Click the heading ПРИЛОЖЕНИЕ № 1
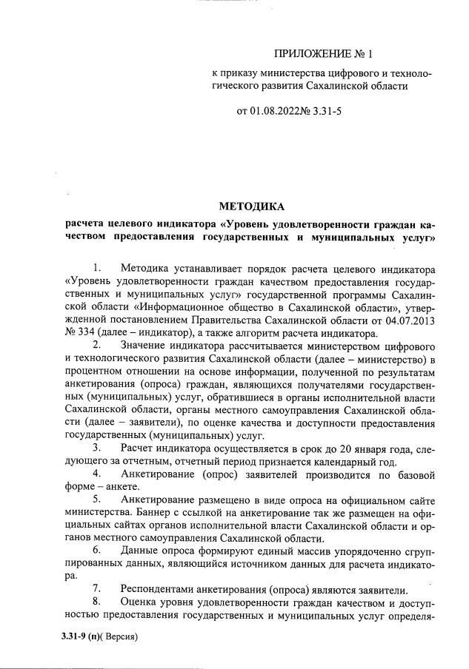(325, 53)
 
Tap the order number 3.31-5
(327, 112)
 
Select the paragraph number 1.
(96, 266)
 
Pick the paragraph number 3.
(96, 448)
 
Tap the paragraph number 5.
(96, 500)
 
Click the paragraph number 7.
(96, 590)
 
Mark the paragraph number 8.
(96, 603)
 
